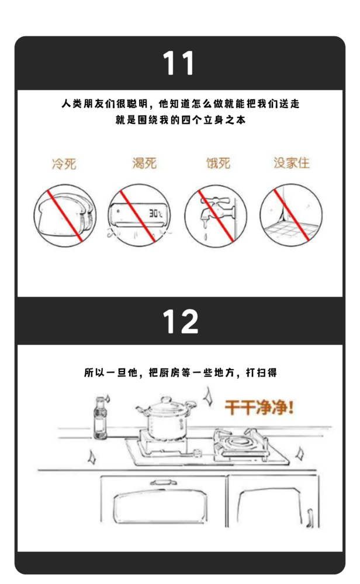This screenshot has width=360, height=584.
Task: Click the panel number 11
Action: (179, 63)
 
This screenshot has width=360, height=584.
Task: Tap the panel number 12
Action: (179, 321)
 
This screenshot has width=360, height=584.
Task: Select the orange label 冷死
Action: (64, 164)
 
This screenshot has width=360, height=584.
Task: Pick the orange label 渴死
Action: (144, 163)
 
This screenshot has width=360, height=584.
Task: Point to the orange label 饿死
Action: (217, 163)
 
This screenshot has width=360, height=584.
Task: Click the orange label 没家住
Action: (292, 163)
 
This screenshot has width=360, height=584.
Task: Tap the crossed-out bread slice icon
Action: (64, 214)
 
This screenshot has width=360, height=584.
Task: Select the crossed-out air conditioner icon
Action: (140, 214)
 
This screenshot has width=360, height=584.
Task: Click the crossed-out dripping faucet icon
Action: (216, 214)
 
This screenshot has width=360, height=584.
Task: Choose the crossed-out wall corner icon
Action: (290, 214)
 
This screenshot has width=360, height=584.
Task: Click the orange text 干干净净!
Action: (259, 408)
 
